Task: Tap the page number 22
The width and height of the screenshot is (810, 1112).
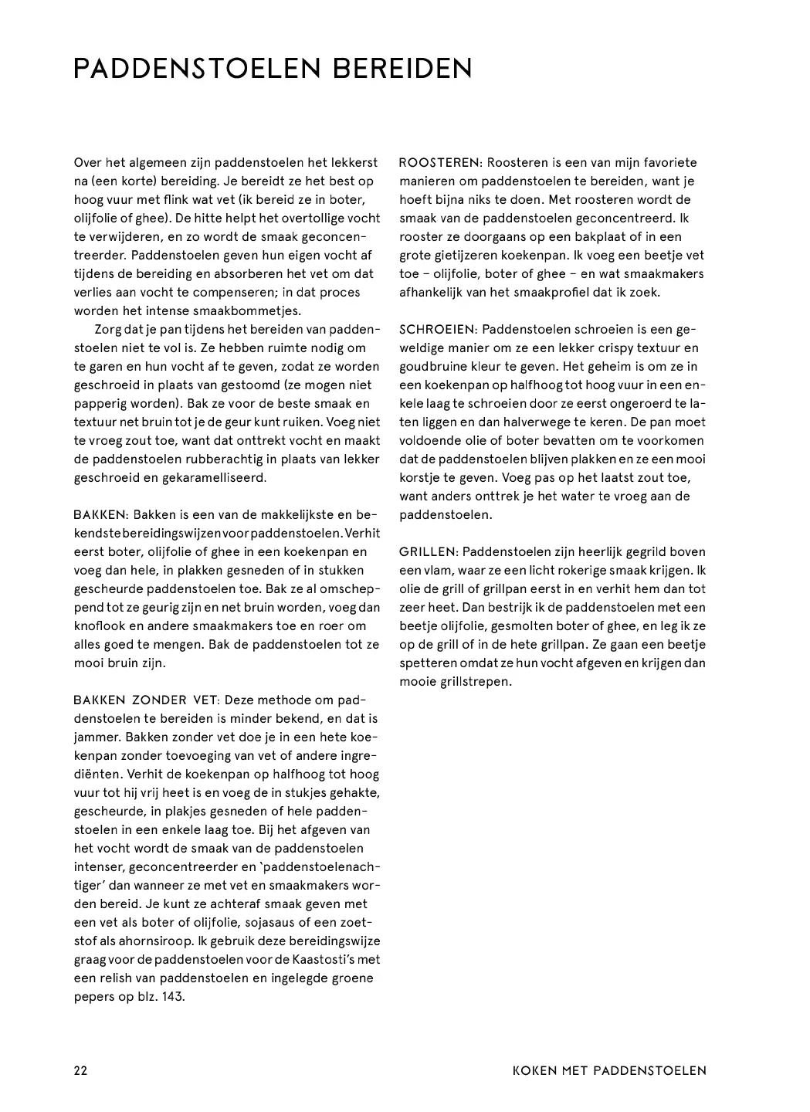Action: tap(80, 1070)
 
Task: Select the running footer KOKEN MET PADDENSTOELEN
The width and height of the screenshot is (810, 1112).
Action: tap(609, 1070)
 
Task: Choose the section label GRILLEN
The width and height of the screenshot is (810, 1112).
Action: tap(428, 551)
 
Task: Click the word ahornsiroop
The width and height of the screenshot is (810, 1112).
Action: tap(147, 941)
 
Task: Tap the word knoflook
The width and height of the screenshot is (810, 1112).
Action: tap(104, 625)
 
